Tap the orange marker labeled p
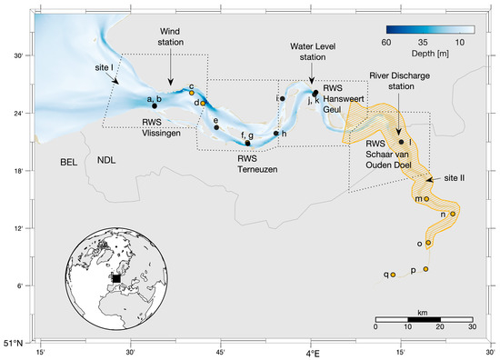pyautogui.click(x=425, y=269)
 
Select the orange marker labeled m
pyautogui.click(x=426, y=198)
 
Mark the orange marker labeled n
pyautogui.click(x=452, y=215)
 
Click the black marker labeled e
pyautogui.click(x=216, y=127)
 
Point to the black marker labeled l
pyautogui.click(x=401, y=141)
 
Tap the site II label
pyautogui.click(x=455, y=178)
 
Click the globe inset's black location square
pyautogui.click(x=115, y=277)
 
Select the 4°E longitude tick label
pyautogui.click(x=310, y=352)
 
